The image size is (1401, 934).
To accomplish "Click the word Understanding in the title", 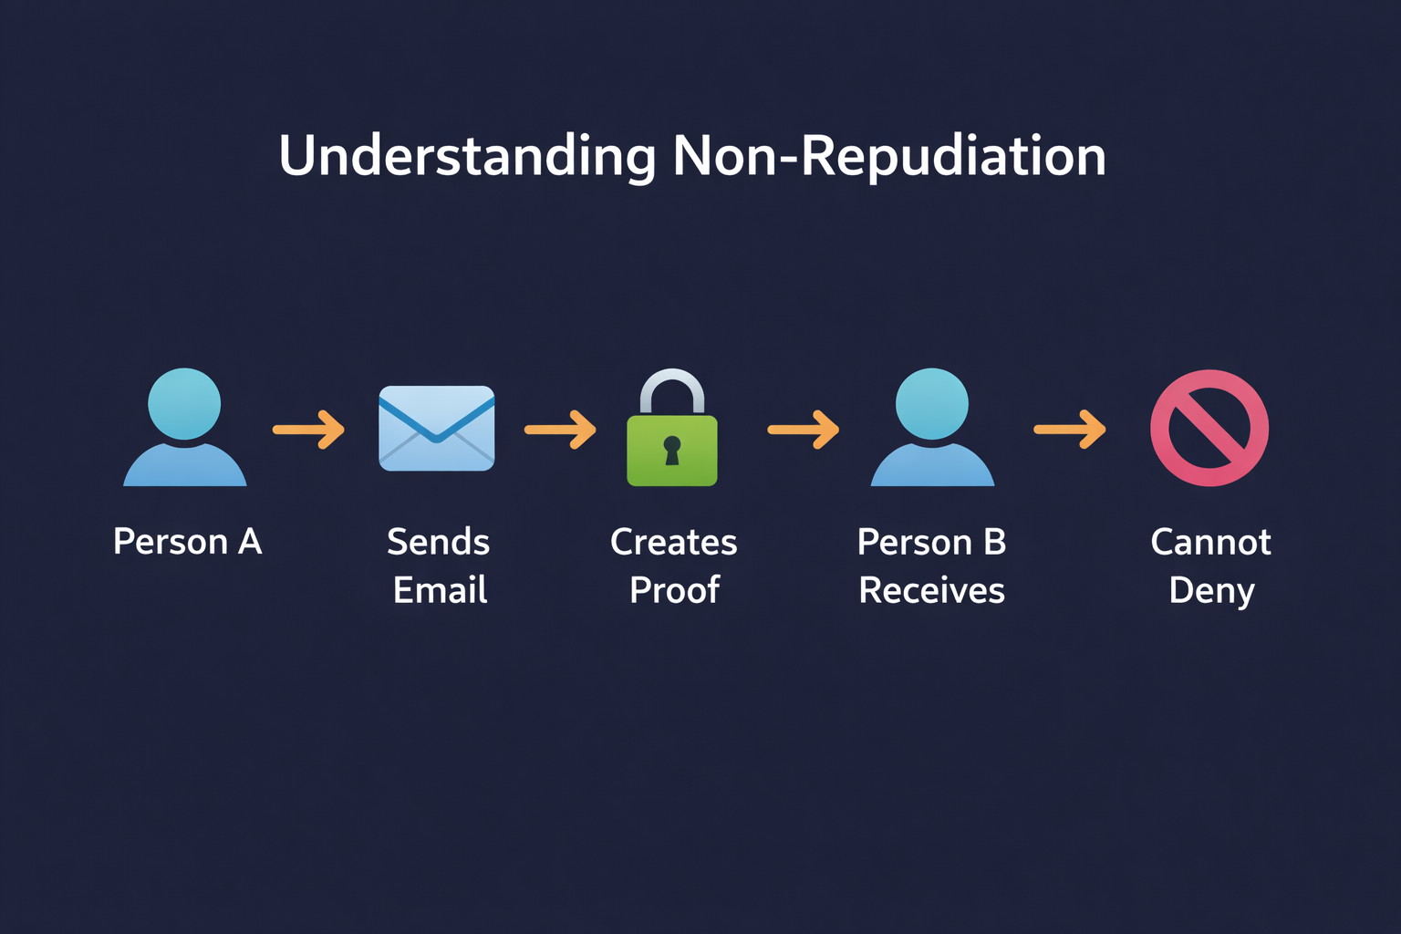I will pyautogui.click(x=467, y=156).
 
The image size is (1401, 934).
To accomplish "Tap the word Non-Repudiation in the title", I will pyautogui.click(x=889, y=156).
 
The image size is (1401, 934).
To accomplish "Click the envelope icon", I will pyautogui.click(x=437, y=428).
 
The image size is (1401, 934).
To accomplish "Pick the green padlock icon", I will pyautogui.click(x=672, y=449).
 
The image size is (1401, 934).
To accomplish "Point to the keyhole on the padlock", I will pyautogui.click(x=672, y=450).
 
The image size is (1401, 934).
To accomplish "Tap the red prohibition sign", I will pyautogui.click(x=1209, y=428).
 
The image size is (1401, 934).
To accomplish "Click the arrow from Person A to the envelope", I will pyautogui.click(x=309, y=429).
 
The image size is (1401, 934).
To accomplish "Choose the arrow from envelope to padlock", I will pyautogui.click(x=560, y=429).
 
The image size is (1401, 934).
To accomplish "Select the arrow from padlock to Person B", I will pyautogui.click(x=804, y=429).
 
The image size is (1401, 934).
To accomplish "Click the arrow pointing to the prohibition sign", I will pyautogui.click(x=1070, y=429).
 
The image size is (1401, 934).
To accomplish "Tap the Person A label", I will pyautogui.click(x=187, y=542).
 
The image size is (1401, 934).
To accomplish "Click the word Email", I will pyautogui.click(x=440, y=590).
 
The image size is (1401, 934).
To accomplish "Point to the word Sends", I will pyautogui.click(x=438, y=542).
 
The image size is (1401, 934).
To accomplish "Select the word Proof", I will pyautogui.click(x=674, y=590).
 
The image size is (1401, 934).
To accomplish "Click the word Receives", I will pyautogui.click(x=931, y=590).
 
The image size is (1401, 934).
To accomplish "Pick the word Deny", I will pyautogui.click(x=1211, y=591).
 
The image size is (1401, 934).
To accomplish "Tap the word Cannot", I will pyautogui.click(x=1210, y=542).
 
